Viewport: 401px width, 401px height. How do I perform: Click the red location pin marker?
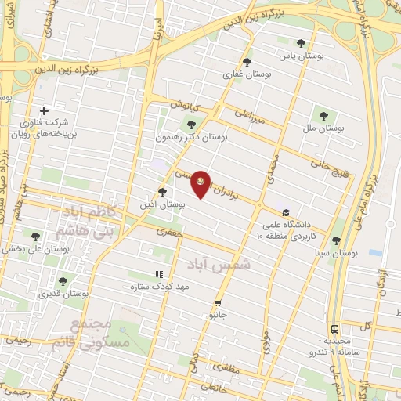(200, 183)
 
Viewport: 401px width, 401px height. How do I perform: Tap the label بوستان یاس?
(302, 56)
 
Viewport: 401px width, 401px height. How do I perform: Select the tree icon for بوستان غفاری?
(247, 62)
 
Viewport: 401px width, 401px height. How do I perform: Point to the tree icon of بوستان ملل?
(322, 115)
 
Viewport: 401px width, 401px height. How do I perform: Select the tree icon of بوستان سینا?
(336, 241)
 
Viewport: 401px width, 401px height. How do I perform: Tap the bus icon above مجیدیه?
(334, 329)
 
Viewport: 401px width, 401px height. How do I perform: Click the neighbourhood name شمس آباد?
(228, 266)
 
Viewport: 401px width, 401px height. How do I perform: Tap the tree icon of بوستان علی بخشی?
(35, 236)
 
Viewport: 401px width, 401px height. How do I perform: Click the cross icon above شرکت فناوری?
(44, 110)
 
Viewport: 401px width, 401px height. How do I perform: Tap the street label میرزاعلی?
(251, 117)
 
